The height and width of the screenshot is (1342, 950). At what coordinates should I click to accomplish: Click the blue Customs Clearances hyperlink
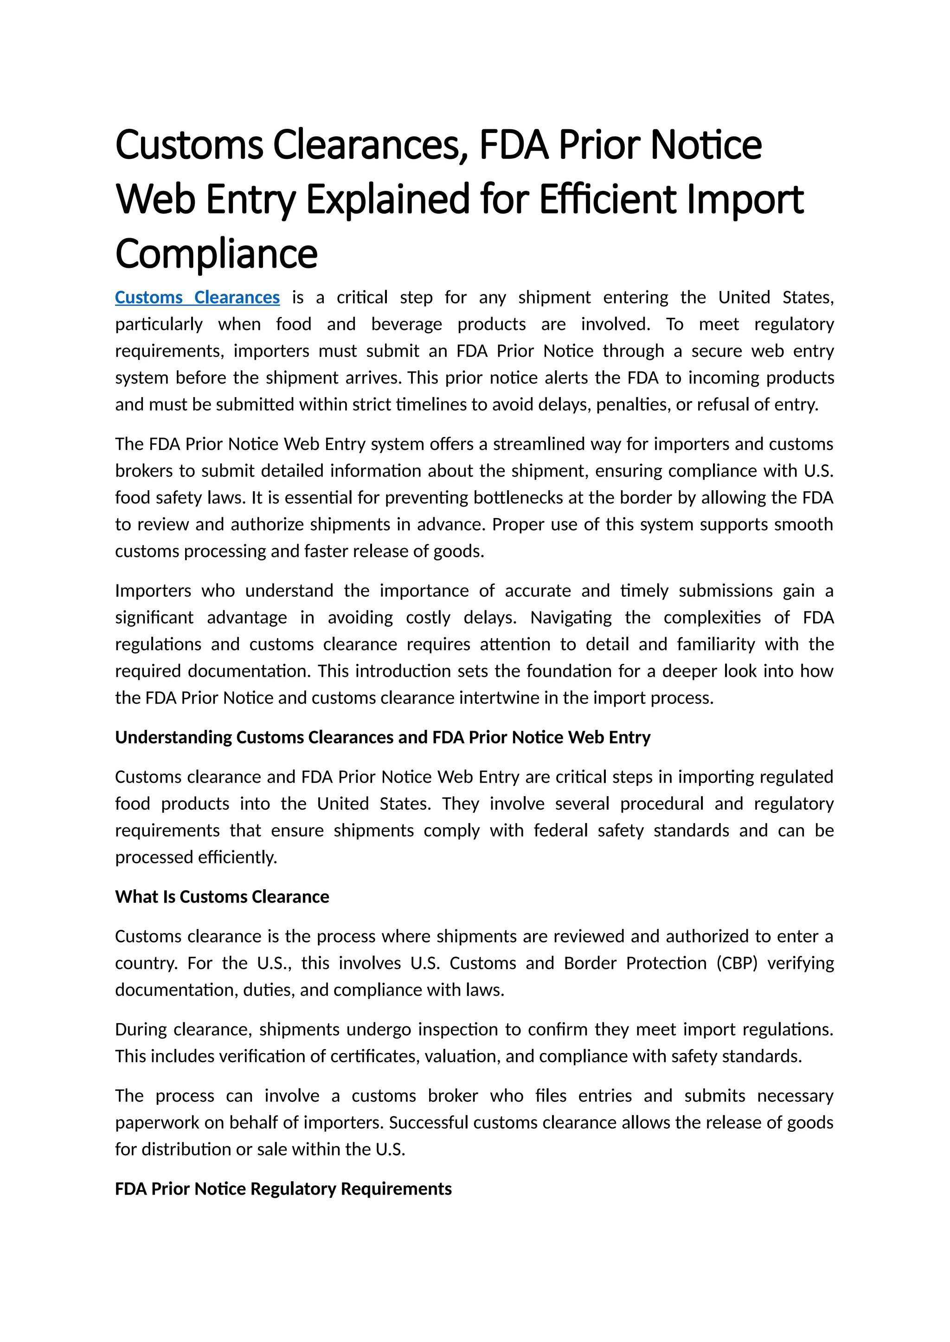coord(197,298)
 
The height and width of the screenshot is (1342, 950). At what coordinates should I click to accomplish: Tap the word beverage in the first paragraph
coord(406,324)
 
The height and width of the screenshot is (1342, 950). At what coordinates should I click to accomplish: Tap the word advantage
coord(247,618)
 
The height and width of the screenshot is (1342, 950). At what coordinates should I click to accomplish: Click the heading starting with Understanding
coord(383,738)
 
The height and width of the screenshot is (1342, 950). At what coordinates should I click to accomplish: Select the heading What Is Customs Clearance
coord(222,897)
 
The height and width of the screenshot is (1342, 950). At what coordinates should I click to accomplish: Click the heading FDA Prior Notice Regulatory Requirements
coord(283,1189)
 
